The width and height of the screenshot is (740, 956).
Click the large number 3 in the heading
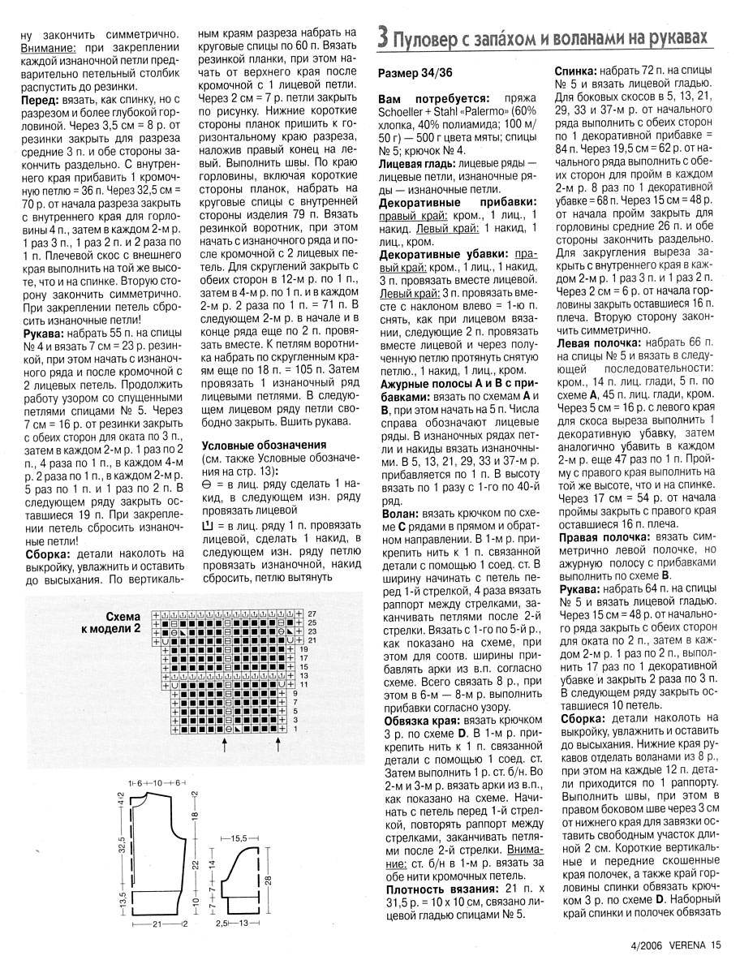pyautogui.click(x=383, y=37)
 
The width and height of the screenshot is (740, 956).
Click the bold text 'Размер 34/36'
pyautogui.click(x=415, y=73)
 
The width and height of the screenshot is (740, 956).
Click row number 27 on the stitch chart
pyautogui.click(x=312, y=612)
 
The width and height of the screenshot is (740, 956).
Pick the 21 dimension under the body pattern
pyautogui.click(x=156, y=924)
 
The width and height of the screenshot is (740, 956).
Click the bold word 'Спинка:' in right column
pyautogui.click(x=578, y=71)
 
